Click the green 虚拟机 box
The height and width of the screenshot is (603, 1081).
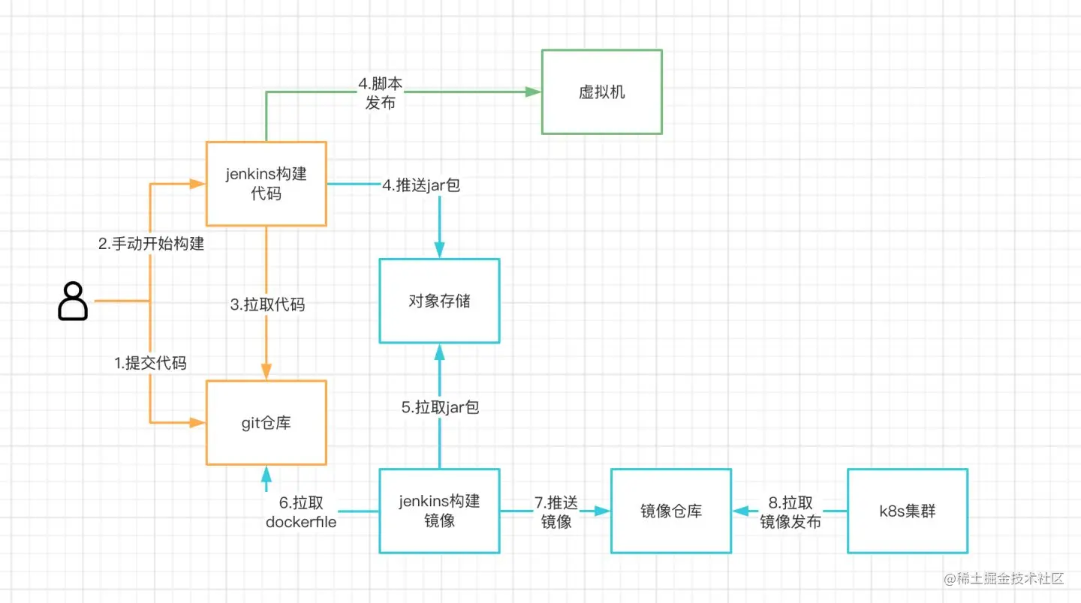click(601, 92)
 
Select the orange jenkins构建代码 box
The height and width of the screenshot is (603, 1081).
click(266, 184)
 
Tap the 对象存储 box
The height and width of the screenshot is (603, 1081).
click(439, 301)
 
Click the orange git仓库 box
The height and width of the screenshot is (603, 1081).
click(266, 423)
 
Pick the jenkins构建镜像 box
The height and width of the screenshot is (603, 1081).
click(439, 511)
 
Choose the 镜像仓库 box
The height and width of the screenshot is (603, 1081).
click(671, 511)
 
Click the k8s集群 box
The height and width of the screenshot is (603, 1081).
click(908, 511)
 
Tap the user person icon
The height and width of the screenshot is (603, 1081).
click(73, 301)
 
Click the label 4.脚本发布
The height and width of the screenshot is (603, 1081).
click(380, 93)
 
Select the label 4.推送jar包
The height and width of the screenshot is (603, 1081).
click(420, 185)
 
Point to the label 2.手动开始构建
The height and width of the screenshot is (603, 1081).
click(152, 243)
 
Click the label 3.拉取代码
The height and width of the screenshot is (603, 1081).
click(267, 304)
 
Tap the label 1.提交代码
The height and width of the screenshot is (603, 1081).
click(150, 363)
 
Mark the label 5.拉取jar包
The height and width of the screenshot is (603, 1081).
click(440, 407)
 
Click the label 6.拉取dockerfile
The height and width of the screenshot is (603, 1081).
click(301, 511)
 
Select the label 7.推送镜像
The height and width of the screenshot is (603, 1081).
click(556, 511)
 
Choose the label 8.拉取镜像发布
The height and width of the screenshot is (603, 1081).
click(790, 511)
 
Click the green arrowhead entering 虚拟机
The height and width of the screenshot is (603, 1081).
click(534, 92)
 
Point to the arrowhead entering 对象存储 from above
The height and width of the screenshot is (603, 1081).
click(439, 250)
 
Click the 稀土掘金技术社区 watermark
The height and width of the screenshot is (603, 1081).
click(1004, 578)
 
